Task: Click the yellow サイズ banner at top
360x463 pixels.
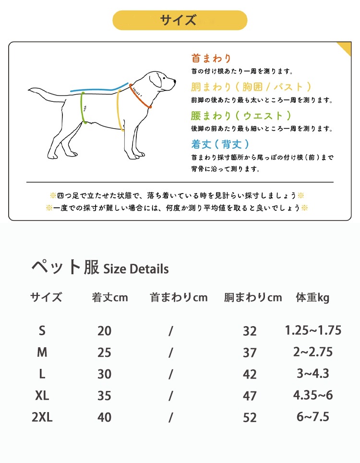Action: pyautogui.click(x=180, y=20)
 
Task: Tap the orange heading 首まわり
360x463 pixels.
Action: pyautogui.click(x=211, y=58)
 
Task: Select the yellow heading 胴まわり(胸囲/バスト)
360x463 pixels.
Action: pyautogui.click(x=251, y=87)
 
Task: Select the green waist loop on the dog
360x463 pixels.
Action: pyautogui.click(x=83, y=109)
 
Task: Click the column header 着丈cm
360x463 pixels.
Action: pyautogui.click(x=110, y=297)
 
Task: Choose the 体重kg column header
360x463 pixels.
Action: pyautogui.click(x=312, y=297)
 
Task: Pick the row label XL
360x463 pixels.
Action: pyautogui.click(x=42, y=395)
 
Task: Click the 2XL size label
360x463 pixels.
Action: pyautogui.click(x=42, y=417)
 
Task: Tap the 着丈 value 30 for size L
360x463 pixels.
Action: pyautogui.click(x=104, y=374)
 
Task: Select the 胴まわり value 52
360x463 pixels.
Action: pyautogui.click(x=250, y=418)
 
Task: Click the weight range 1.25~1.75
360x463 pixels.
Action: pyautogui.click(x=313, y=330)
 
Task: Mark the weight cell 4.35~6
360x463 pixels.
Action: pyautogui.click(x=313, y=395)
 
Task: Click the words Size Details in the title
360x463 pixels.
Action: pyautogui.click(x=136, y=268)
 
